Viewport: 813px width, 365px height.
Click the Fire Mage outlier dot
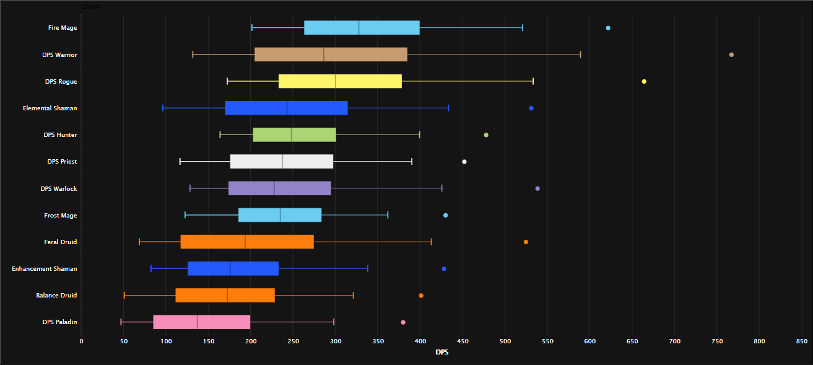[608, 28]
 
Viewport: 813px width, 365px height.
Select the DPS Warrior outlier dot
[731, 55]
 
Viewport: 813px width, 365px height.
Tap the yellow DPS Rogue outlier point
[644, 81]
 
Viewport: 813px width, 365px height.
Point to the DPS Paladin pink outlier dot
[403, 322]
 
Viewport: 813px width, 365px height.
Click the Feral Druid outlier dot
[526, 242]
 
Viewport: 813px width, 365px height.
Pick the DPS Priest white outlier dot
[464, 162]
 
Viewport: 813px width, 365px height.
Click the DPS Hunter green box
[295, 135]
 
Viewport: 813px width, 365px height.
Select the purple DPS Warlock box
[280, 188]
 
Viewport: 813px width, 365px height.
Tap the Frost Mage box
[280, 215]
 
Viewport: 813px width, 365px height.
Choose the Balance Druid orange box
[225, 296]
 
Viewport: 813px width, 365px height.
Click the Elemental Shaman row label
[50, 108]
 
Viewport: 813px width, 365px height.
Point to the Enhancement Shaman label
[45, 269]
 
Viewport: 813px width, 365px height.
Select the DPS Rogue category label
[61, 82]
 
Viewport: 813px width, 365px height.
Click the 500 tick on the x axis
[505, 341]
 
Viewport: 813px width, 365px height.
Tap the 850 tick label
[802, 341]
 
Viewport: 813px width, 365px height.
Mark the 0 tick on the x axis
[81, 341]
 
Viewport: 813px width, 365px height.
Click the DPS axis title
[442, 353]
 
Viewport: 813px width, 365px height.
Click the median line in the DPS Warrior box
[324, 55]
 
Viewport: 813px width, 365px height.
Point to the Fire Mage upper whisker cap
[523, 28]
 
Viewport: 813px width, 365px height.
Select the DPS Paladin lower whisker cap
[121, 322]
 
